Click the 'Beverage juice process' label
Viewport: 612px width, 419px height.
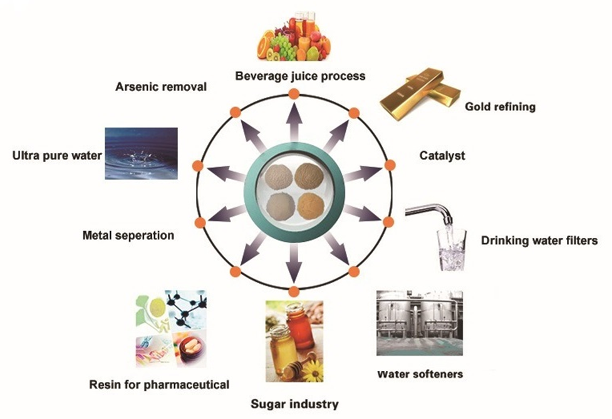(300, 76)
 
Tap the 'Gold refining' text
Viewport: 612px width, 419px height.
(500, 106)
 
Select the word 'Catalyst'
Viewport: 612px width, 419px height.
(443, 155)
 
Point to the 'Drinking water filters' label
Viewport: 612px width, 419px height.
(539, 241)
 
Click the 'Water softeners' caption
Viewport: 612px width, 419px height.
(420, 375)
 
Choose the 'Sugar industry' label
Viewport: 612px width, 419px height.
(294, 404)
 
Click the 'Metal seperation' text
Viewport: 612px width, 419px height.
(128, 236)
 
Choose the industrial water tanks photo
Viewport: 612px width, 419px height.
(419, 323)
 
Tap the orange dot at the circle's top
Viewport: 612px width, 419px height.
(293, 94)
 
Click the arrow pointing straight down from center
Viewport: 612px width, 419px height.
(293, 264)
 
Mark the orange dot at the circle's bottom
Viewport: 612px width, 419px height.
(293, 290)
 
